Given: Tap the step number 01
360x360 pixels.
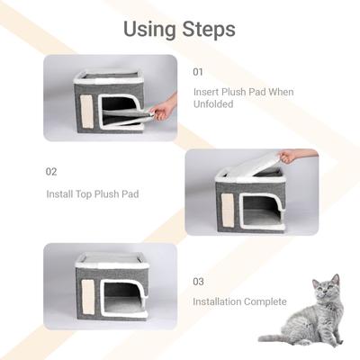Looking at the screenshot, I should tap(198, 71).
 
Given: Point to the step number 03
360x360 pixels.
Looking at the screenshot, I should tap(198, 281).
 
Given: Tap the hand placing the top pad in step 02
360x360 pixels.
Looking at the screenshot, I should tap(287, 157).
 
